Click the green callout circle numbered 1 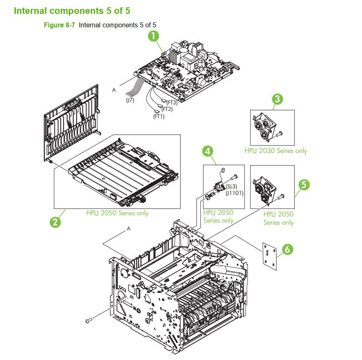tap(153, 36)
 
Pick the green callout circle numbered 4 tap(208, 152)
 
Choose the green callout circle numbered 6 tap(287, 249)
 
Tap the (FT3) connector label tap(172, 102)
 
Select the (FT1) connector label tap(159, 116)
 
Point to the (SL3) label tap(231, 186)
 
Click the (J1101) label tap(234, 193)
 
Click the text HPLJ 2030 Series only tap(276, 150)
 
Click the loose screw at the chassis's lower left tap(88, 322)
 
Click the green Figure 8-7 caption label tap(60, 25)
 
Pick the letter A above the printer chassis tap(129, 229)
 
